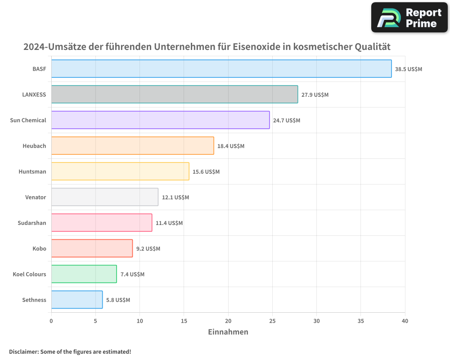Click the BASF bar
[221, 69]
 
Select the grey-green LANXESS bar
[174, 94]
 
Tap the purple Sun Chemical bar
[160, 120]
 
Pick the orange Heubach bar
[132, 146]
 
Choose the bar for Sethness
[76, 300]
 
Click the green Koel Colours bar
[84, 274]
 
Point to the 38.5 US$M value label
[409, 69]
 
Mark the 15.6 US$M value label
[206, 172]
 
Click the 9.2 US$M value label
[148, 249]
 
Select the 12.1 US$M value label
[175, 198]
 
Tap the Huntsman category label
[32, 172]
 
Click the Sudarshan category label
[32, 223]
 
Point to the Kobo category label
[39, 249]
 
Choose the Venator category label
[36, 198]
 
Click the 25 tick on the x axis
[272, 321]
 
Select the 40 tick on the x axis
[405, 321]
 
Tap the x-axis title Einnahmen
[228, 332]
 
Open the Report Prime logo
[409, 18]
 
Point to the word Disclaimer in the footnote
[23, 352]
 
